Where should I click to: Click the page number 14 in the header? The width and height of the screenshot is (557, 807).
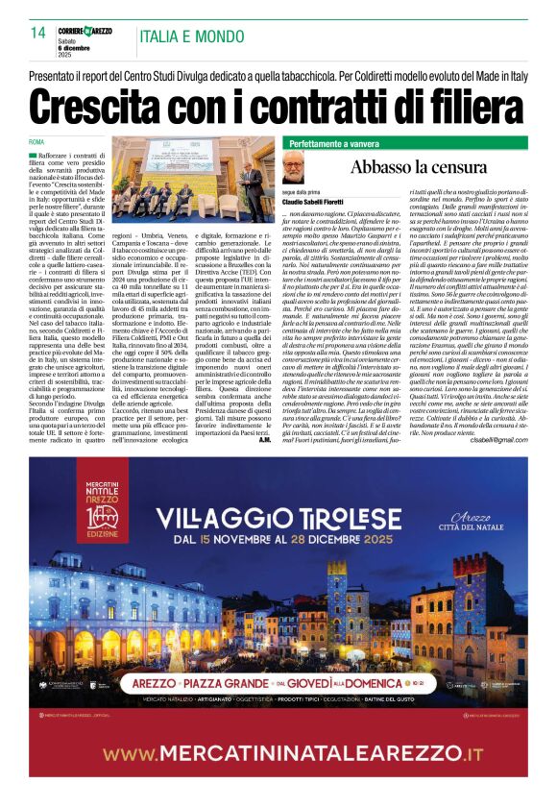pyautogui.click(x=38, y=32)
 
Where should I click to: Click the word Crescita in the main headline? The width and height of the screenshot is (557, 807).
pyautogui.click(x=104, y=103)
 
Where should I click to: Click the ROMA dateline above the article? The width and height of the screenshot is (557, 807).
pyautogui.click(x=36, y=141)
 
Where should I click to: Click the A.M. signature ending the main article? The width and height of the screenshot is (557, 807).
pyautogui.click(x=267, y=438)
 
